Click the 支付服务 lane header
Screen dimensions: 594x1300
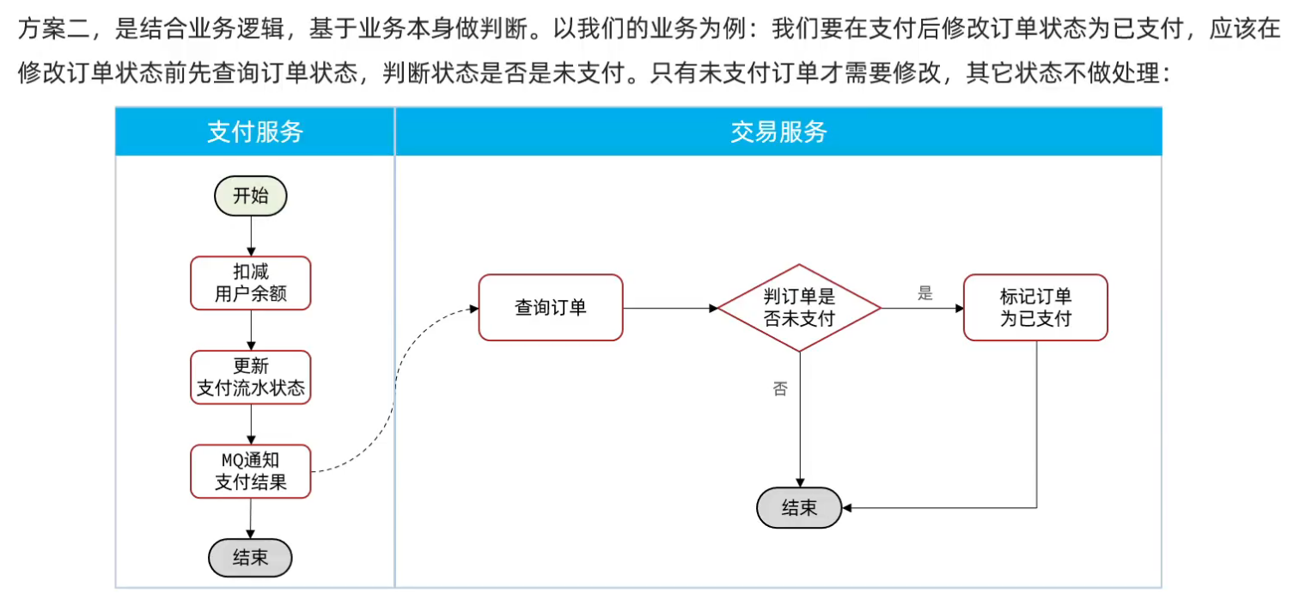click(x=255, y=132)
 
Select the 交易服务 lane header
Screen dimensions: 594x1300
click(x=778, y=132)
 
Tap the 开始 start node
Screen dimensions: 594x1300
click(x=250, y=196)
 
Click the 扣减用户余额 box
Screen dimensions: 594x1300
click(x=250, y=283)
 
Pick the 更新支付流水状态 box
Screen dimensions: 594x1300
click(x=250, y=377)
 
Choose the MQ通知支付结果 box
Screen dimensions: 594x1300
click(x=250, y=471)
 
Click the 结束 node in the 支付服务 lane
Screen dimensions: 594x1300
click(x=250, y=559)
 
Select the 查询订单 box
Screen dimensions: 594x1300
click(x=550, y=307)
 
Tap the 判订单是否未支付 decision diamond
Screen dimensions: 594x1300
click(x=799, y=308)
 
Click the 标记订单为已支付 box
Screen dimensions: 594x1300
click(x=1035, y=308)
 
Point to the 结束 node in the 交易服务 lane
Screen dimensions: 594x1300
click(x=799, y=507)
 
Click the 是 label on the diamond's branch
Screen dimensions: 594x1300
click(x=925, y=293)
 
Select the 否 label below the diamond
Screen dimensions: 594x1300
click(x=780, y=389)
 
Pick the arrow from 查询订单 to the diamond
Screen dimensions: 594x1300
click(x=670, y=308)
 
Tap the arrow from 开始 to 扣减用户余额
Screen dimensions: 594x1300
click(x=250, y=236)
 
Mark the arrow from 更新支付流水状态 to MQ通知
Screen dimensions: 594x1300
click(x=250, y=424)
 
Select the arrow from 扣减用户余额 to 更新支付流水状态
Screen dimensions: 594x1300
click(x=250, y=330)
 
